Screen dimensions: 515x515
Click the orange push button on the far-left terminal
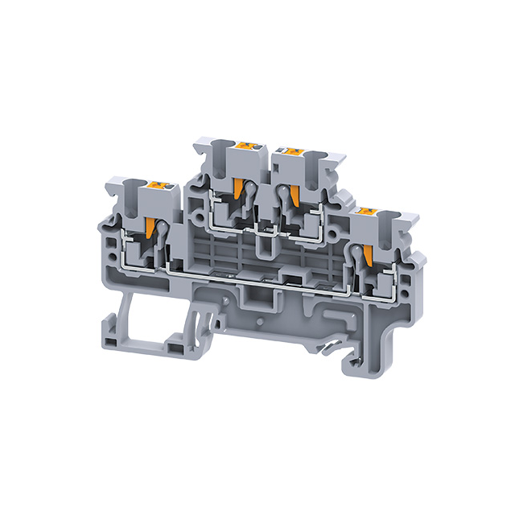coord(154,186)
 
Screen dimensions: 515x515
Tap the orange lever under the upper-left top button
coord(238,190)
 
